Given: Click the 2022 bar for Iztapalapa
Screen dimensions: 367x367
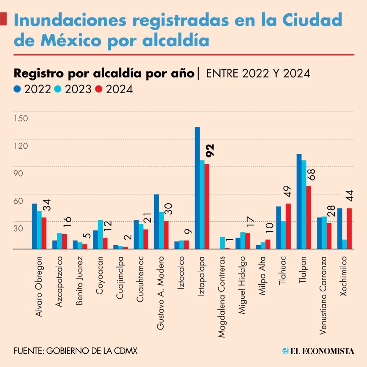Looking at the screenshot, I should [x=197, y=188].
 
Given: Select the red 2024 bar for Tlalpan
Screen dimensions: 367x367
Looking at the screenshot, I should [x=309, y=217].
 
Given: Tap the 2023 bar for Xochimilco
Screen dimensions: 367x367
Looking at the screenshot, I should [x=344, y=244].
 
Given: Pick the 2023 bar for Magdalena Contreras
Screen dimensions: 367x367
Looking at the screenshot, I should [x=222, y=243].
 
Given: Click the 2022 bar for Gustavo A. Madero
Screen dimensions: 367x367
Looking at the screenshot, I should [x=156, y=221].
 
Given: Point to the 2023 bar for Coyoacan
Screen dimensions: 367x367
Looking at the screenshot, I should [x=101, y=235].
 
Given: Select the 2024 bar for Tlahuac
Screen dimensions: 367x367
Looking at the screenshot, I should [x=288, y=226].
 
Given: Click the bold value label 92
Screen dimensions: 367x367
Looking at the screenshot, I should [x=210, y=150].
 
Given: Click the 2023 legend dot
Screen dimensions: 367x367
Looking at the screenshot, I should [x=58, y=89].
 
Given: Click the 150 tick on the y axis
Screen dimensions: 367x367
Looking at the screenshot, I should [x=21, y=119].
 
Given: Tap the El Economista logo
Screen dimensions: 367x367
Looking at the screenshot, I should [x=318, y=351].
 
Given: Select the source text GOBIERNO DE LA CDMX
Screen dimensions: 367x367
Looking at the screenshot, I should [x=92, y=351].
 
